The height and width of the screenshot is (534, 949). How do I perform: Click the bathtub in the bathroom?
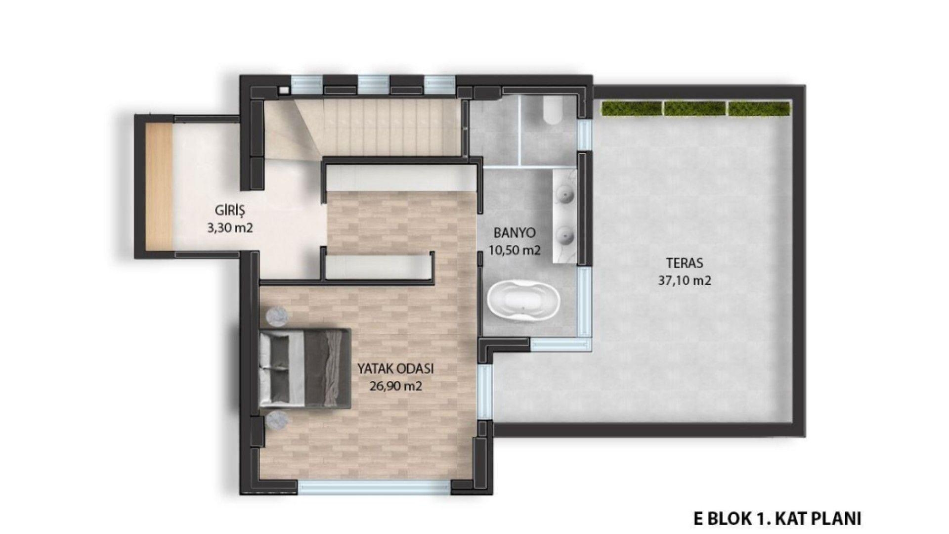[x=523, y=301]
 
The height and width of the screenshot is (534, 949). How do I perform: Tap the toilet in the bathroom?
[x=552, y=110]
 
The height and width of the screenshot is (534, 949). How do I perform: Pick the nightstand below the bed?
[x=277, y=421]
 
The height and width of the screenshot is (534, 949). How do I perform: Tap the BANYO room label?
[x=515, y=233]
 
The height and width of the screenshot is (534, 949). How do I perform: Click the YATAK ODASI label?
[x=395, y=368]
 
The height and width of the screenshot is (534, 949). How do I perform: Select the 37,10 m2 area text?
[x=685, y=280]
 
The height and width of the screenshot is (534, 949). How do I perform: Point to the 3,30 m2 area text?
[x=231, y=228]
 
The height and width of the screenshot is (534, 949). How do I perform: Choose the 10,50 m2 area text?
[x=515, y=250]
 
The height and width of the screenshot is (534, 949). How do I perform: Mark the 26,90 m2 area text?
[x=395, y=386]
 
